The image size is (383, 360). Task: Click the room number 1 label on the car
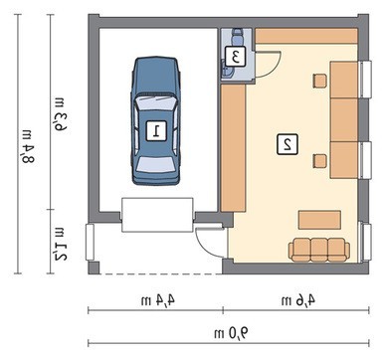click(156, 130)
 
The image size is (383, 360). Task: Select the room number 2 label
click(287, 144)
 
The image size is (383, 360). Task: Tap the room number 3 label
click(236, 57)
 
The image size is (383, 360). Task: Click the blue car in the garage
click(155, 120)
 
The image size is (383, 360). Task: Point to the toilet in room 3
click(237, 37)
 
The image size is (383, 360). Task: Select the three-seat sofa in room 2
click(319, 250)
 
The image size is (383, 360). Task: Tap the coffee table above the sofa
click(319, 220)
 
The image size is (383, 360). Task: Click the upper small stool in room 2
click(320, 81)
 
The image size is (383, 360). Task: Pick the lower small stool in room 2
click(320, 161)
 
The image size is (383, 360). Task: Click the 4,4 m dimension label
click(158, 300)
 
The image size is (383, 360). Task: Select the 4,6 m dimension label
click(298, 300)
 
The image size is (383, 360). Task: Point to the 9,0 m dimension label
click(231, 333)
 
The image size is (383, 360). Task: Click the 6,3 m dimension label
click(62, 113)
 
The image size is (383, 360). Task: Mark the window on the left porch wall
click(90, 242)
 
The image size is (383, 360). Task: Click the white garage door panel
click(157, 215)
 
